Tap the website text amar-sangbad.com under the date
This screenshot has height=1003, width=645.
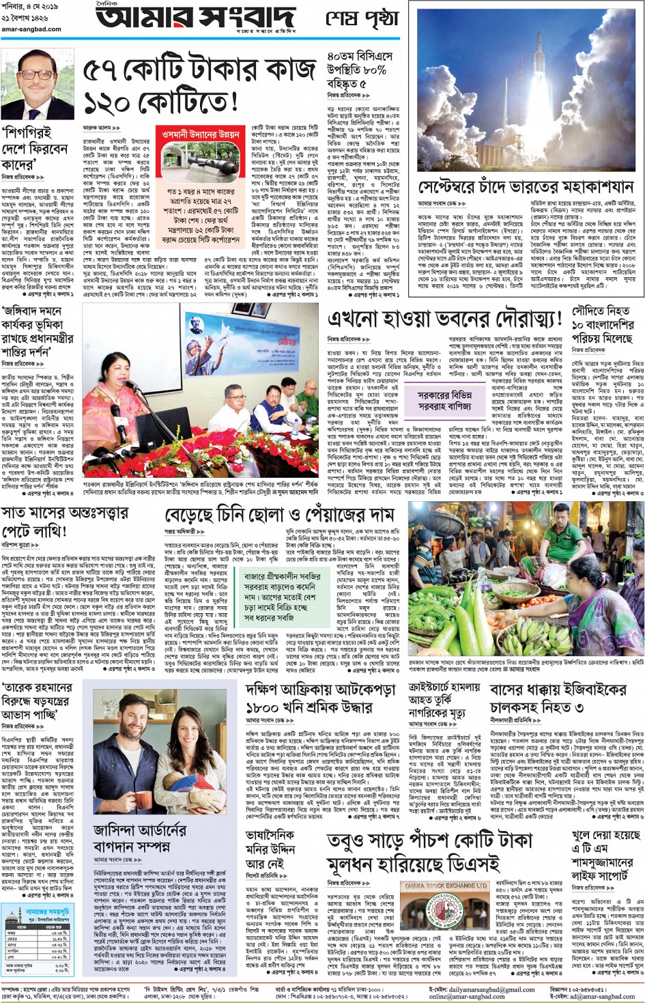31,29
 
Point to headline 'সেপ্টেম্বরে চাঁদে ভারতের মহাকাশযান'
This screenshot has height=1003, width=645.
526,187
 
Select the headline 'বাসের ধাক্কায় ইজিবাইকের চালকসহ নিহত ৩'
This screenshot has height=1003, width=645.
557,698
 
